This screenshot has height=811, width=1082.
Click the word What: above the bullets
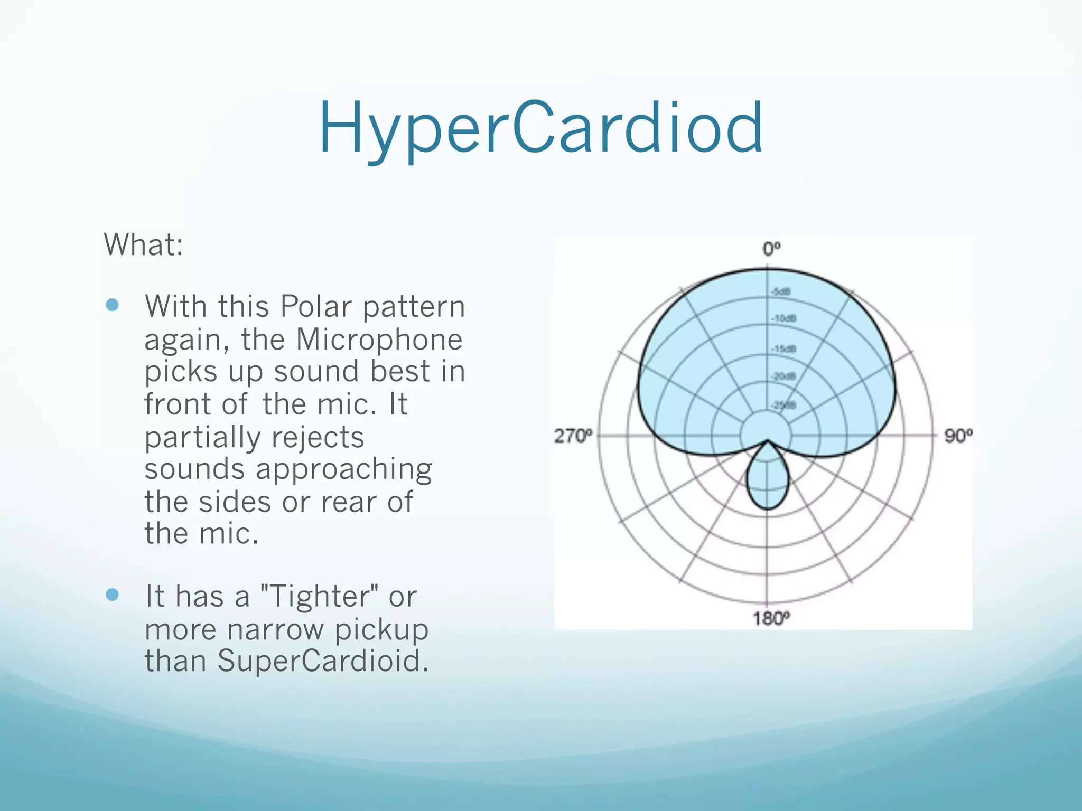[144, 245]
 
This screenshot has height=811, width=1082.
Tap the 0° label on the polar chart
[771, 249]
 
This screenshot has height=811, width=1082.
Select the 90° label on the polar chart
[958, 436]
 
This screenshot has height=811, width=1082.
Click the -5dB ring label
[781, 292]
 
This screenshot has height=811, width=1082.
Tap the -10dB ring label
[783, 318]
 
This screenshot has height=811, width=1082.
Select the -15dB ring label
[783, 349]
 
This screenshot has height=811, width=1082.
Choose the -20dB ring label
[783, 376]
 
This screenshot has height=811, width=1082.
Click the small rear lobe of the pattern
[768, 480]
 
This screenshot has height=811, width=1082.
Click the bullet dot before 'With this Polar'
[112, 305]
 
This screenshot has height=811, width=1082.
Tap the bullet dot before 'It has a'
[112, 595]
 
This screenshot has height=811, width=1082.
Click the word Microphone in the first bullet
[379, 340]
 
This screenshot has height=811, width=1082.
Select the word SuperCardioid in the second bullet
[323, 661]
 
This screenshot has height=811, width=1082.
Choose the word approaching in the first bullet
[344, 470]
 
